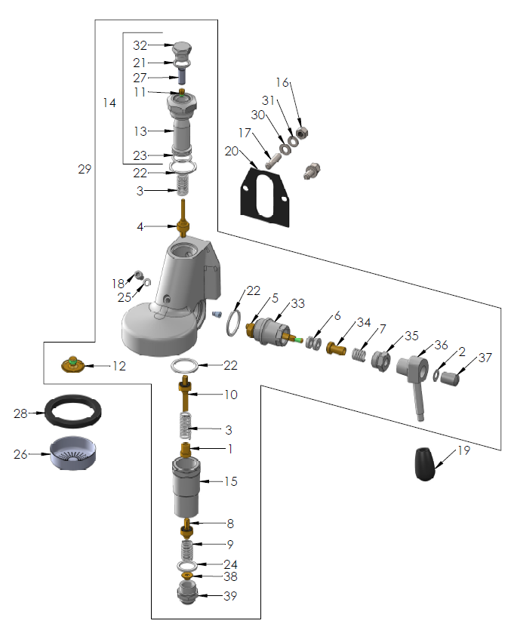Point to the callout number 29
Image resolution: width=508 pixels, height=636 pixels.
tap(84, 170)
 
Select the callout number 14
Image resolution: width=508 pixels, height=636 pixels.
tap(109, 103)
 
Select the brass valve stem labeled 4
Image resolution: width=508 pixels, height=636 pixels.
tap(182, 226)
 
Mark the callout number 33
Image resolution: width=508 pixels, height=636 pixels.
tap(297, 303)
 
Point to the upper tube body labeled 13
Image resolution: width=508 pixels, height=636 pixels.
tap(183, 131)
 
